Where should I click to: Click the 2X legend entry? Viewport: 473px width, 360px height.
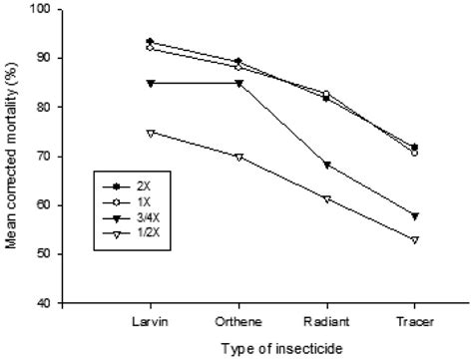tap(121, 186)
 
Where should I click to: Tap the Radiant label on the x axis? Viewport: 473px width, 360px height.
tap(325, 321)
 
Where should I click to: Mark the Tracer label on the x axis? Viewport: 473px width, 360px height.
tap(413, 321)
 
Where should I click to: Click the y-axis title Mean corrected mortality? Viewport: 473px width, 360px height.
tap(13, 156)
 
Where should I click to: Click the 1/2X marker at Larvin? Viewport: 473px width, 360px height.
tap(150, 132)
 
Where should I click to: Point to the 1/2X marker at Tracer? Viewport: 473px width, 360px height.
tap(413, 239)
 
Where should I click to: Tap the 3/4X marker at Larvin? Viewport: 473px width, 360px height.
tap(150, 83)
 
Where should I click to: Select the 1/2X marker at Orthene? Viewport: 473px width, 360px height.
tap(237, 157)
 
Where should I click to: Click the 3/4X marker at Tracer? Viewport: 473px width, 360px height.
tap(413, 215)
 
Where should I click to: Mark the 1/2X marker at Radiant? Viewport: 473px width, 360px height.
tap(325, 199)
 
